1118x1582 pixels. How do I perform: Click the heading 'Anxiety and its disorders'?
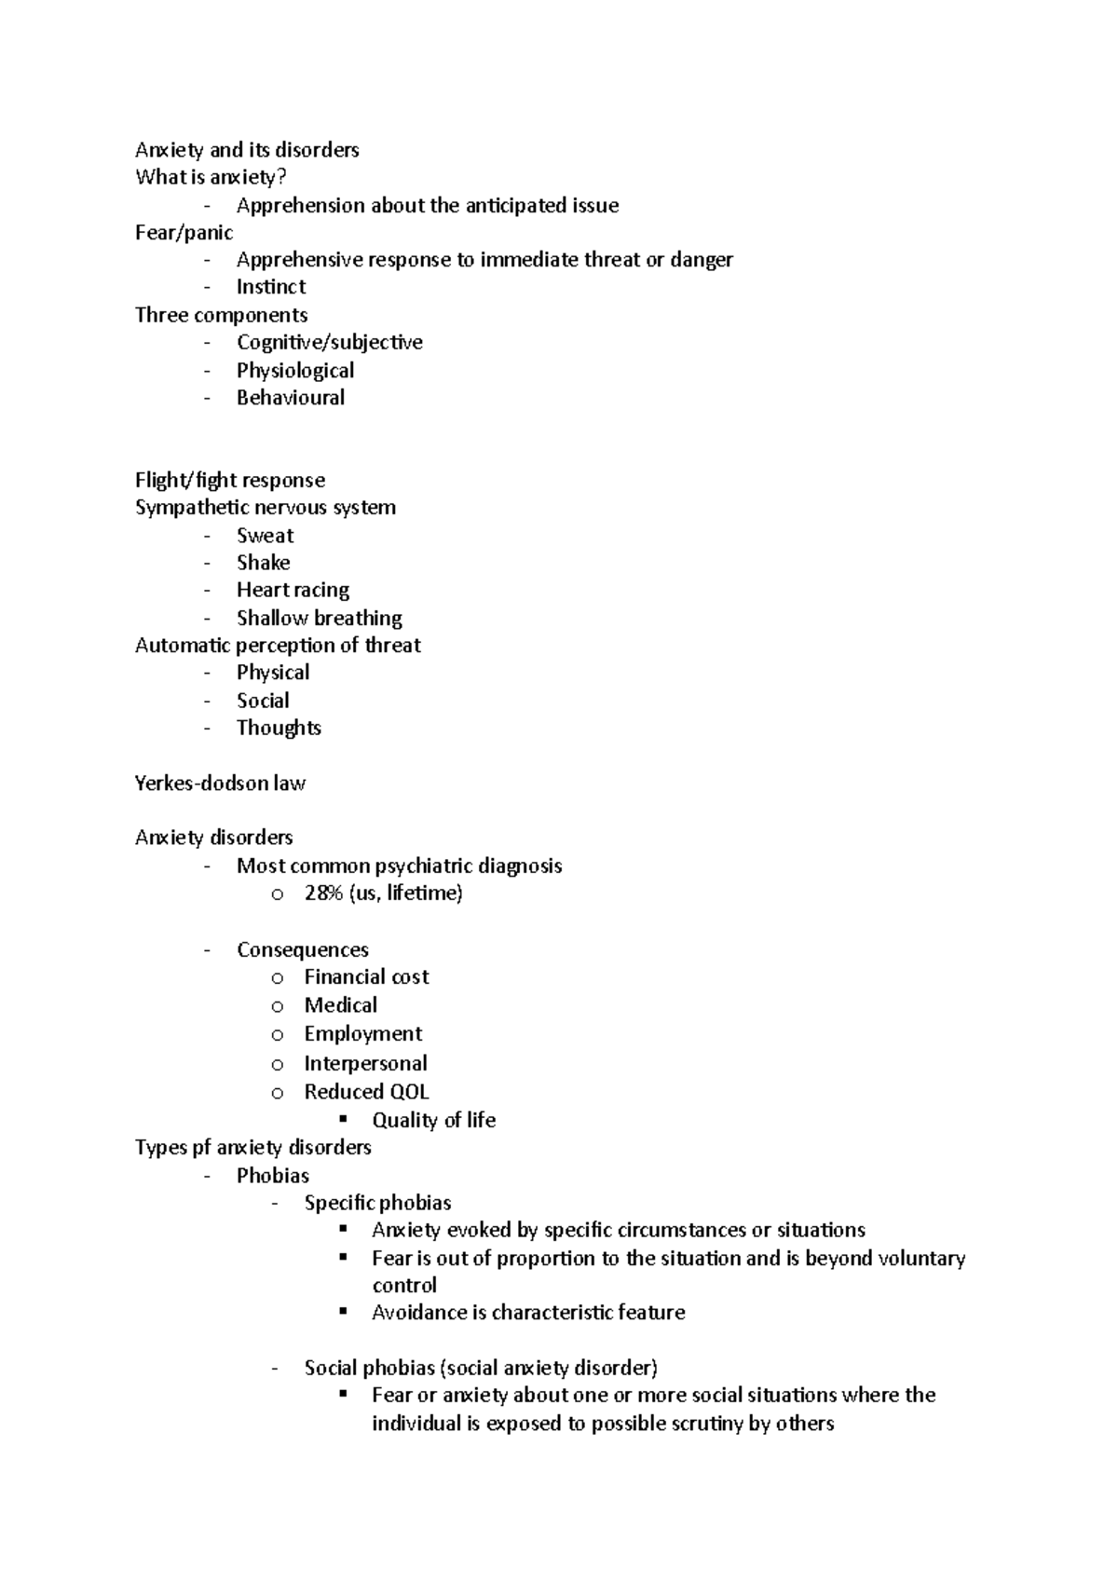(247, 150)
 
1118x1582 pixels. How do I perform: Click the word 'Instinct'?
(271, 287)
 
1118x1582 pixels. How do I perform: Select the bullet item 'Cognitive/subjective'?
(329, 343)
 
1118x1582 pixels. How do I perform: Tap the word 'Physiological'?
(295, 371)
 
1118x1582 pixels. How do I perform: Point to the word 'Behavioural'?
(291, 398)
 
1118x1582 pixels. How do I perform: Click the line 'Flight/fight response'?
(230, 481)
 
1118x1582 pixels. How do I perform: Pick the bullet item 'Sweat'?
(265, 536)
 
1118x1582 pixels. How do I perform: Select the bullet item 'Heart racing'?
(293, 591)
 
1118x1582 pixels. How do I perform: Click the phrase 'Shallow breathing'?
(320, 619)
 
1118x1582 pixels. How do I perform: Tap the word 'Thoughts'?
(279, 729)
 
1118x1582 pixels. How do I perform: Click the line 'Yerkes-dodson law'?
(220, 784)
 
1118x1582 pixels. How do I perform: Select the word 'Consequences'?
(303, 950)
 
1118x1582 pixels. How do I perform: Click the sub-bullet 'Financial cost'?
(366, 977)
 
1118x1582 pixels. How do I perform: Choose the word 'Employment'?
(363, 1034)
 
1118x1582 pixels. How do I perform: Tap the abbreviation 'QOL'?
(409, 1092)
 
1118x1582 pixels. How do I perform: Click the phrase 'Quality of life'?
(434, 1120)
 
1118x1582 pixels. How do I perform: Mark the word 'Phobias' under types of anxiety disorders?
(273, 1176)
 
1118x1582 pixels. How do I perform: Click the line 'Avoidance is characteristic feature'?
(528, 1313)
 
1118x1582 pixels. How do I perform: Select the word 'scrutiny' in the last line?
(706, 1424)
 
